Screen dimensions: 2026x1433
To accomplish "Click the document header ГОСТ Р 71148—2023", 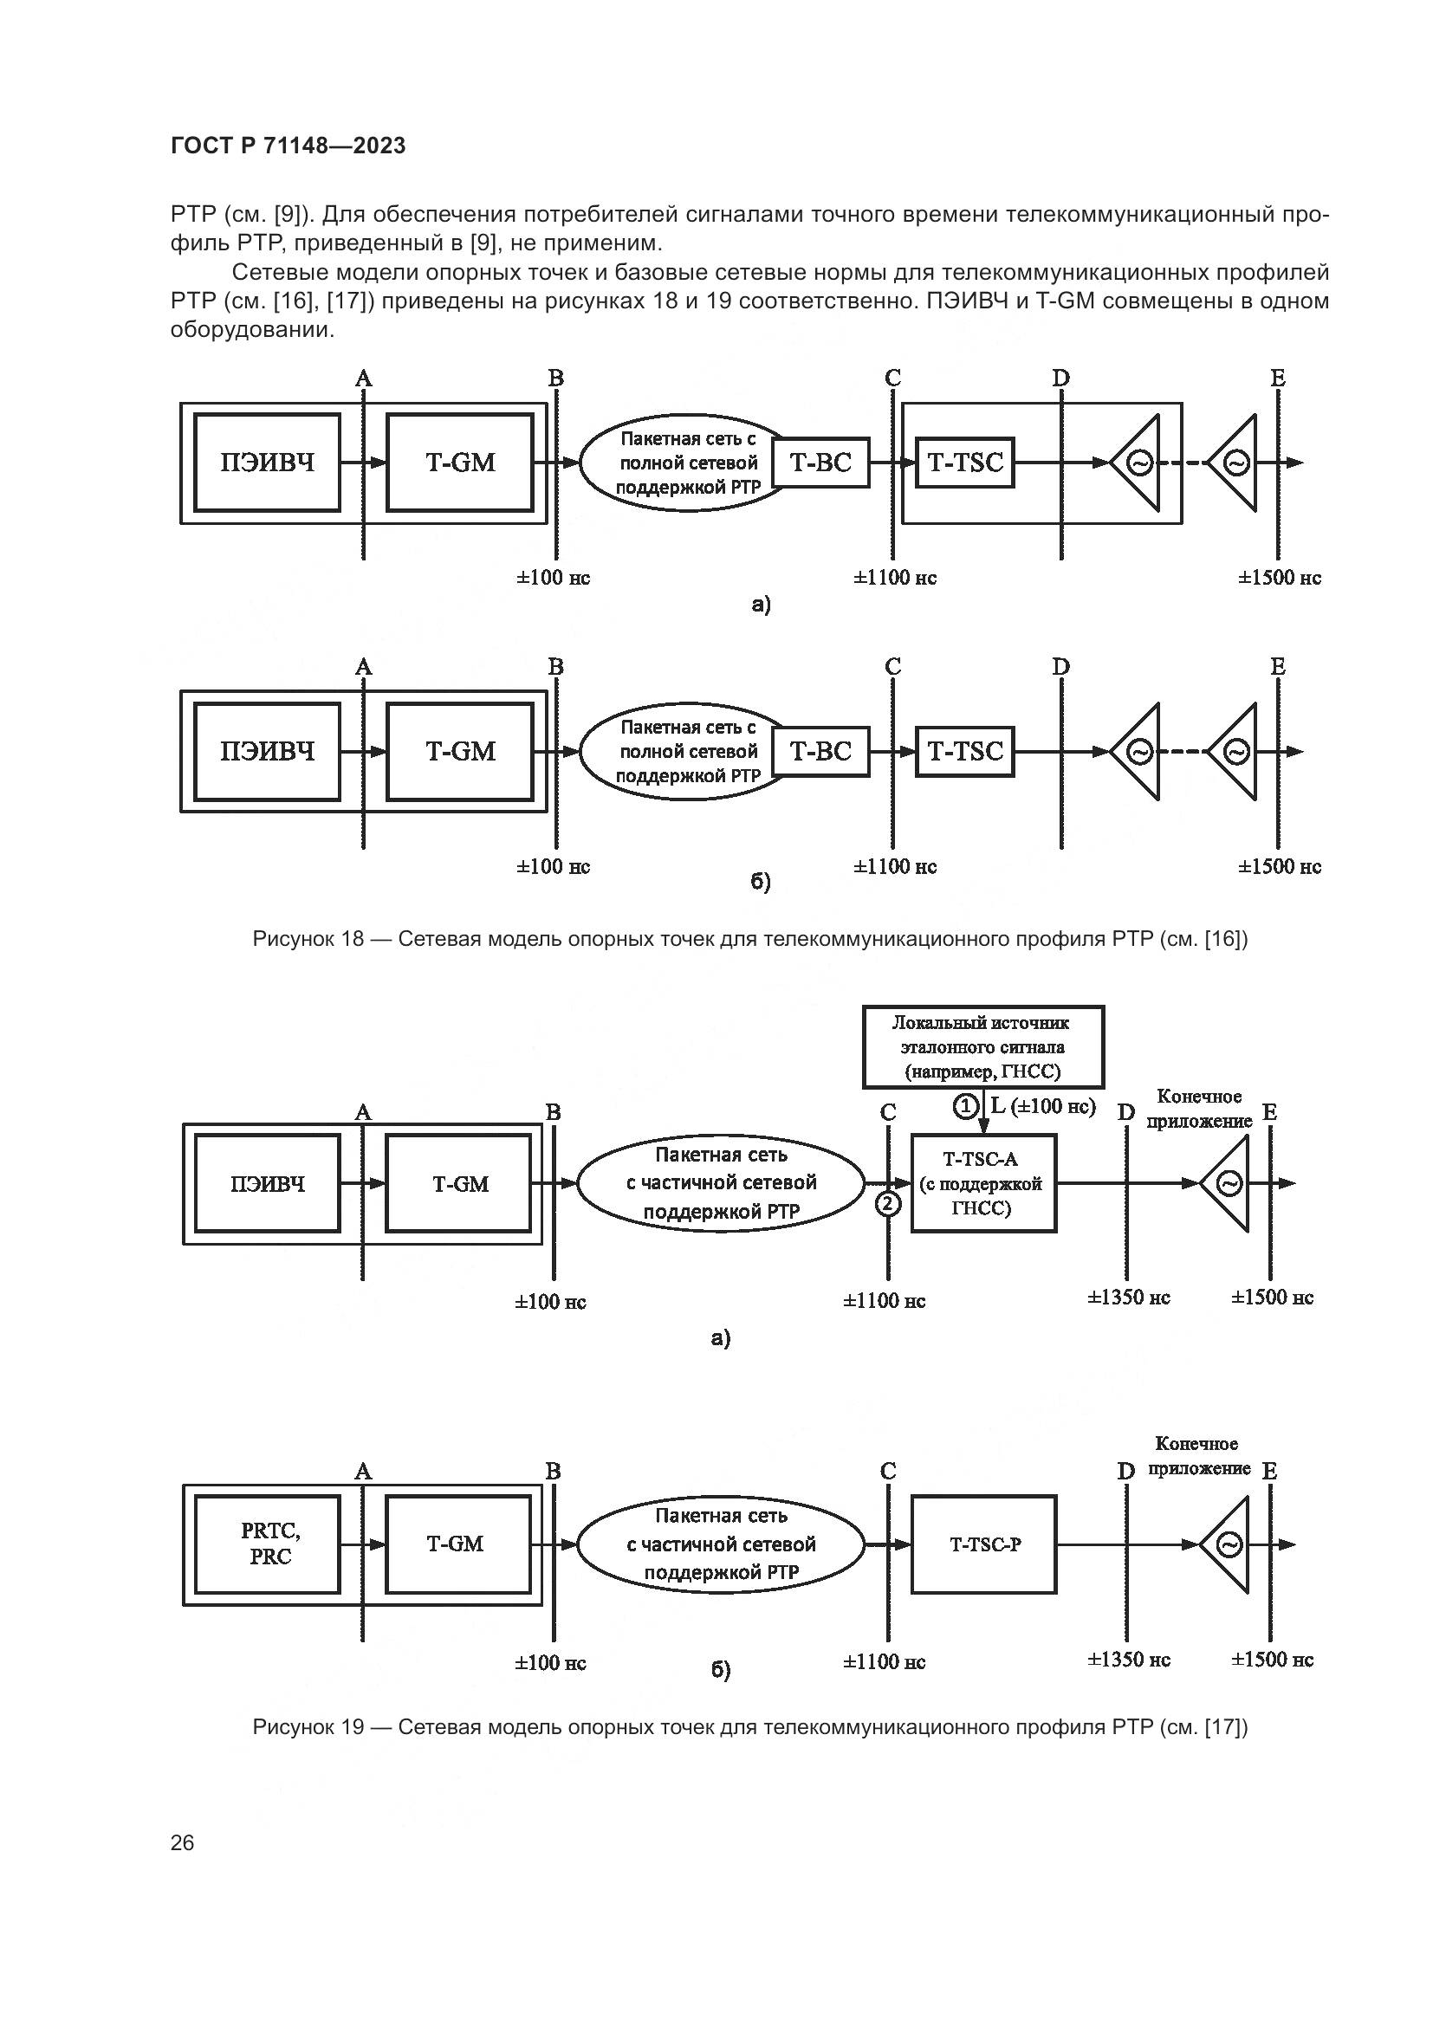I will pos(288,146).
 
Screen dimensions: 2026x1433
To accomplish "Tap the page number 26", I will pos(183,1842).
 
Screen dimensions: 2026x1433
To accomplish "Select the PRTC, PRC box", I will pos(268,1544).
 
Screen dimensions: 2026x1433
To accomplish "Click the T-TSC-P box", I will pos(984,1544).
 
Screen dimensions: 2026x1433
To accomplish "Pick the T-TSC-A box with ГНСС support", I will pos(983,1183).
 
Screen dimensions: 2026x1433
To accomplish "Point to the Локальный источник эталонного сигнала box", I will pos(983,1046).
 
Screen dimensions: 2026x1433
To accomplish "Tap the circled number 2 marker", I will pos(889,1203).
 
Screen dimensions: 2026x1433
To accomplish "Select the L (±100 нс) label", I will pos(1043,1105).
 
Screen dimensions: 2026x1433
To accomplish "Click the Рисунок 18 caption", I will pos(750,939).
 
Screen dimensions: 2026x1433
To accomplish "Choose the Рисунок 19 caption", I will pos(750,1727).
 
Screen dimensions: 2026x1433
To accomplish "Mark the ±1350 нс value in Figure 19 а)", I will pos(1128,1298).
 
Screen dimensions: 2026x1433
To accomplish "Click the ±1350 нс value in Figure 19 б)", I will pos(1128,1660).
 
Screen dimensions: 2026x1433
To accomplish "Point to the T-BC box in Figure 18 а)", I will pos(820,463).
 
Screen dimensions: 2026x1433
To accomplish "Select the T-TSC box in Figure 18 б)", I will pos(965,752).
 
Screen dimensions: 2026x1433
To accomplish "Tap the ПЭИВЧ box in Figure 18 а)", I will pos(268,463).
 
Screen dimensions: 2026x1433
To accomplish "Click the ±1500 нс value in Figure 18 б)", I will pos(1280,867).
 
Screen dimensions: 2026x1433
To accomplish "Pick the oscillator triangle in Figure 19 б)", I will pos(1229,1544).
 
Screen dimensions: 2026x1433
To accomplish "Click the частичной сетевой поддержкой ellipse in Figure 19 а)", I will pos(721,1183).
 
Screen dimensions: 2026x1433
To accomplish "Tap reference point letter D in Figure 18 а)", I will pos(1060,379).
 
